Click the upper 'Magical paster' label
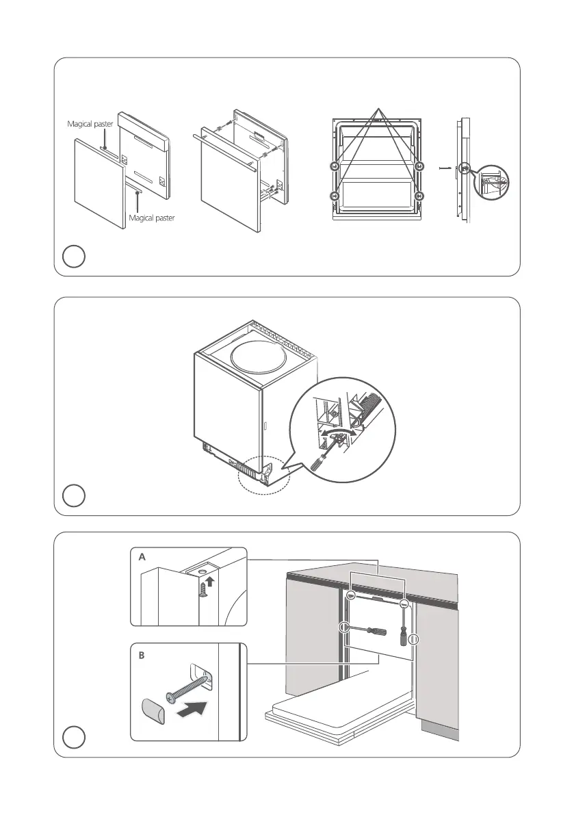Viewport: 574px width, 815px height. pos(90,125)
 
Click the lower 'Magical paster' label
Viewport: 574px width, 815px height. pos(151,218)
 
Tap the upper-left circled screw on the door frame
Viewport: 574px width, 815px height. pos(335,166)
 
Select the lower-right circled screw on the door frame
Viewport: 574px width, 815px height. pos(420,196)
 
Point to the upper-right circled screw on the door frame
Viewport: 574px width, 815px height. pos(420,166)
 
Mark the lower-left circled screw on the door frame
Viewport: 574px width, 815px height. pos(335,196)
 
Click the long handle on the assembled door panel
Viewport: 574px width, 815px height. pos(226,158)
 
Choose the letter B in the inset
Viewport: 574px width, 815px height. pos(142,655)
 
